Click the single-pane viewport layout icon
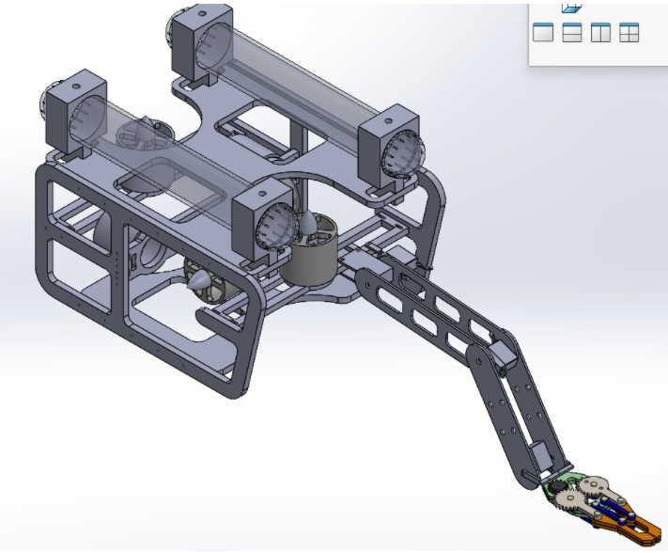[543, 33]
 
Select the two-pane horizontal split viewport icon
[572, 33]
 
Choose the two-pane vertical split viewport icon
[600, 33]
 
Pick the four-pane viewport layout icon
[629, 33]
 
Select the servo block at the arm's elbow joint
[502, 357]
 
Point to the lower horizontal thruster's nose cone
[200, 281]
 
